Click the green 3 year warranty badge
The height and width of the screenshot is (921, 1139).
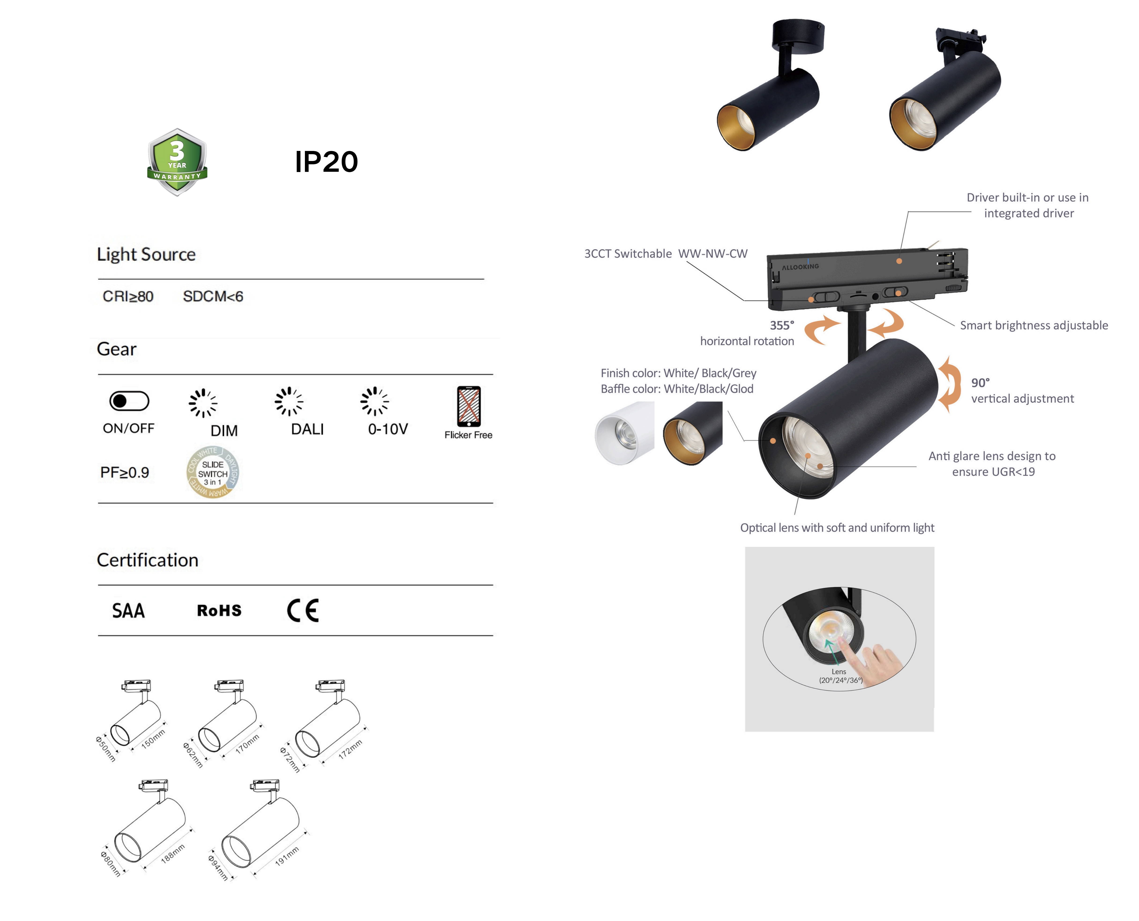tap(177, 162)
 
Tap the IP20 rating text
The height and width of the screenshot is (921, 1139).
tap(326, 162)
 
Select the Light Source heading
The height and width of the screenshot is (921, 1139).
tap(146, 254)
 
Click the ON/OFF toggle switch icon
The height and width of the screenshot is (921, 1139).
tap(129, 401)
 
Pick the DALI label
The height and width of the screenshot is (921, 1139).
tap(307, 429)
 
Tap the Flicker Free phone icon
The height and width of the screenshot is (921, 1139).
tap(469, 406)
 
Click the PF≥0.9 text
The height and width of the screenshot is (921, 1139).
tap(125, 472)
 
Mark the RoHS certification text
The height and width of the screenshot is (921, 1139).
tap(219, 611)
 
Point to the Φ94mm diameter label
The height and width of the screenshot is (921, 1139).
tap(217, 868)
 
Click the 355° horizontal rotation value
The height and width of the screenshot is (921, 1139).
tap(782, 325)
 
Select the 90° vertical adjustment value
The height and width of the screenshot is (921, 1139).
tap(980, 382)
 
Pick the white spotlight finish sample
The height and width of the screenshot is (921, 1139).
tap(624, 433)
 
